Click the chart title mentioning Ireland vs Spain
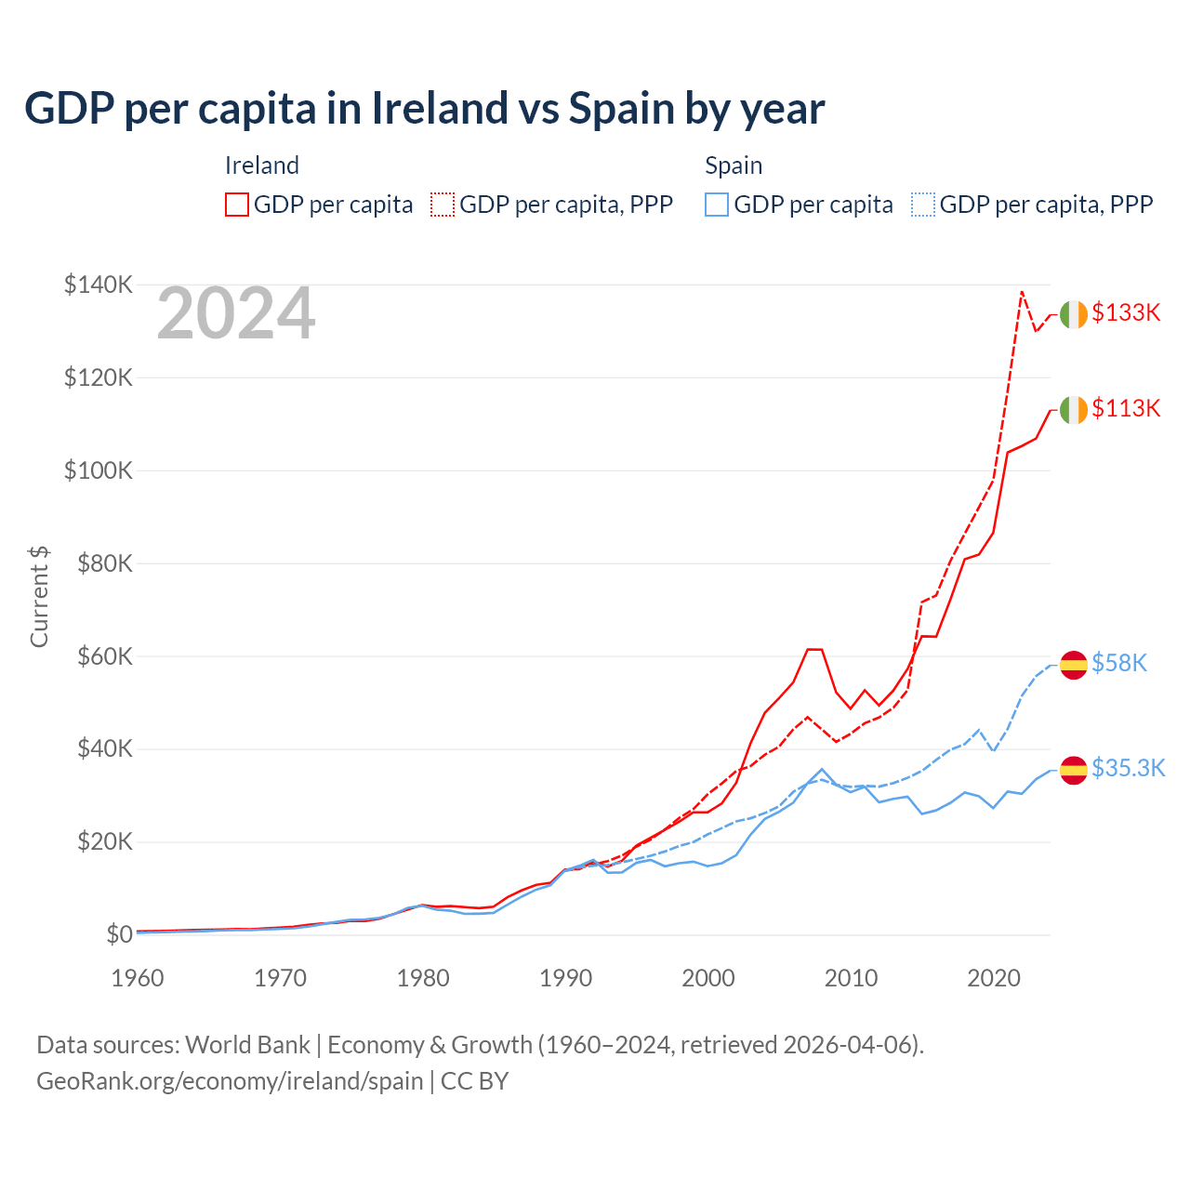[424, 109]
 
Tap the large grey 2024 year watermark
[236, 314]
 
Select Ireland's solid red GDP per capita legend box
[237, 205]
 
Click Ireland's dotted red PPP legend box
[443, 205]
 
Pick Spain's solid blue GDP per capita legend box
[717, 205]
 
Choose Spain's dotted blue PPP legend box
[923, 205]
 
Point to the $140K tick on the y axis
[98, 284]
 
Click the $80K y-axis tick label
[98, 563]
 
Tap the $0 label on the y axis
[119, 934]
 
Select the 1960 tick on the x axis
[138, 978]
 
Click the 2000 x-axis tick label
[708, 978]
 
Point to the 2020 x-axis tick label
[994, 978]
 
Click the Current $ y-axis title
[39, 597]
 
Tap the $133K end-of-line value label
[1126, 313]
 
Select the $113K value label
[1126, 409]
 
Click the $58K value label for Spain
[1119, 664]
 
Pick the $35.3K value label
[1128, 769]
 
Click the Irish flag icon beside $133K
[1074, 315]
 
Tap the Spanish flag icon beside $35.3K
[1074, 770]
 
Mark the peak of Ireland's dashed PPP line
[1022, 292]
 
